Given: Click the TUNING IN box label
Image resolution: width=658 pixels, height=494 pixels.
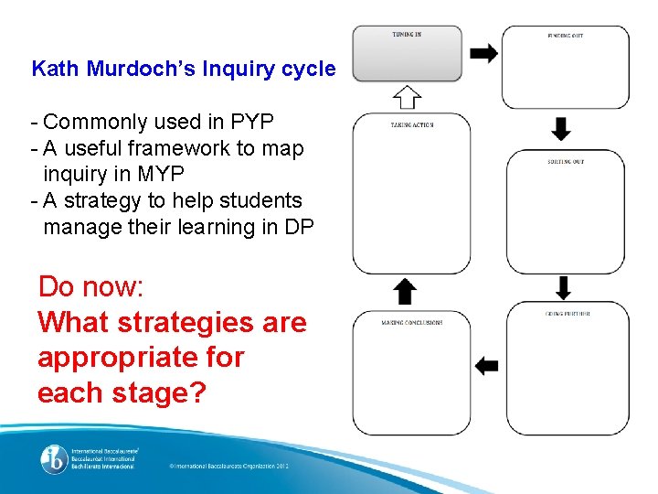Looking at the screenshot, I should [x=407, y=35].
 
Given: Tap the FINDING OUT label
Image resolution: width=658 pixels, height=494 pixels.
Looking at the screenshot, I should [x=565, y=36].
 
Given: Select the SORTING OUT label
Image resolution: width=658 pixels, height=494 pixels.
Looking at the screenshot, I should [x=566, y=161].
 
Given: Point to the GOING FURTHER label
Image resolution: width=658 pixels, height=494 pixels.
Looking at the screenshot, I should [x=568, y=314].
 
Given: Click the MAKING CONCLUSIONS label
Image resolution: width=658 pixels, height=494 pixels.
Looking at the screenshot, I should [x=412, y=323].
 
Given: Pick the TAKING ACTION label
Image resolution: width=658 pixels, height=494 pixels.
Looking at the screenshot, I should [x=412, y=124].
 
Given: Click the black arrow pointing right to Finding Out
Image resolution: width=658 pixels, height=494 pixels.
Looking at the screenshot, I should [x=483, y=53].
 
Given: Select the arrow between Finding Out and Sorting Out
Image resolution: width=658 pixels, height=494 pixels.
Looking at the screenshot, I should [x=562, y=128].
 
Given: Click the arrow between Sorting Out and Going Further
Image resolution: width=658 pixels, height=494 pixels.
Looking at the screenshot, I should [x=563, y=287].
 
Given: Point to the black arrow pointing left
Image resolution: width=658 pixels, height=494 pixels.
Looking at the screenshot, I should [x=487, y=366].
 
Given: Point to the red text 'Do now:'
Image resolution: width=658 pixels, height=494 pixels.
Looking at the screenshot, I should [x=90, y=287].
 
